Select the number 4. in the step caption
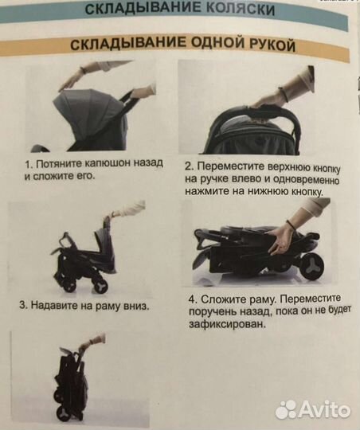tap(194, 300)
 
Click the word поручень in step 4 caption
tap(219, 313)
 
